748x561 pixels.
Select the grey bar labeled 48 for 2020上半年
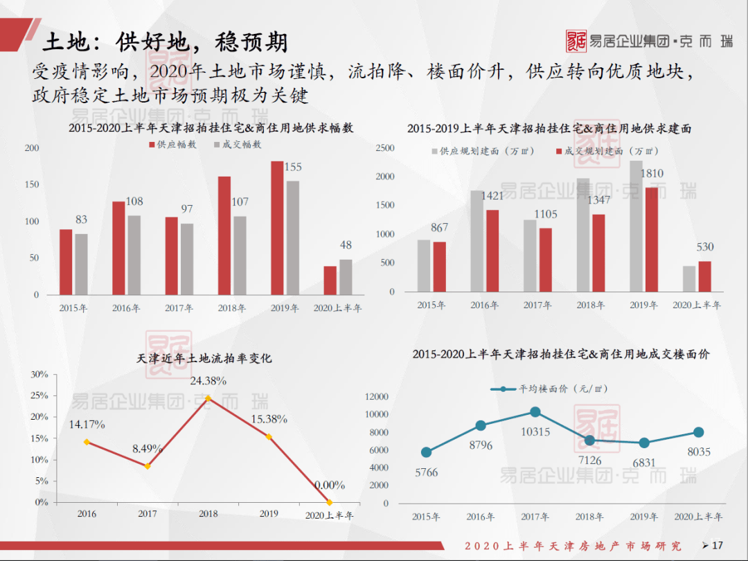(346, 277)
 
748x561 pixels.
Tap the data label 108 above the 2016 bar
(134, 202)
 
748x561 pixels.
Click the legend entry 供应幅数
(173, 145)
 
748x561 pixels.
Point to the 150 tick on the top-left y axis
(32, 185)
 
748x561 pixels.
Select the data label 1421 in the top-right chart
(492, 196)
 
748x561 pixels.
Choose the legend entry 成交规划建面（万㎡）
(606, 151)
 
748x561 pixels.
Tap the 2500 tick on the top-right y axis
(384, 148)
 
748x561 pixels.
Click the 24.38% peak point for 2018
(208, 398)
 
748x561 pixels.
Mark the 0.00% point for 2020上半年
(329, 502)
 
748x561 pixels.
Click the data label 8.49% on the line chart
(148, 449)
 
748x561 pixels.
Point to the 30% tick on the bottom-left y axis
(39, 375)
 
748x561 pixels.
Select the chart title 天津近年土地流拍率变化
(204, 358)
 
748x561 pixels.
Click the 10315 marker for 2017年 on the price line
(535, 412)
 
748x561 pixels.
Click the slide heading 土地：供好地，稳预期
(165, 42)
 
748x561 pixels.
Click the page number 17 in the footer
(717, 545)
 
